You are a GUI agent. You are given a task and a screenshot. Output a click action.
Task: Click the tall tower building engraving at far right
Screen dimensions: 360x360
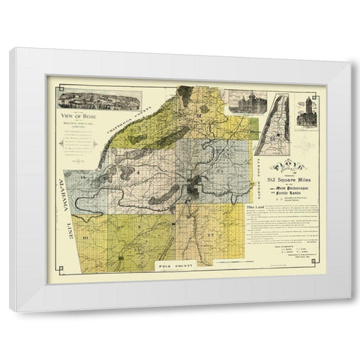[x=309, y=111]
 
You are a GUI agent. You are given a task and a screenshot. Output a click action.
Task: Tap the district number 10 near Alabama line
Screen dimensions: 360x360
[x=85, y=238]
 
